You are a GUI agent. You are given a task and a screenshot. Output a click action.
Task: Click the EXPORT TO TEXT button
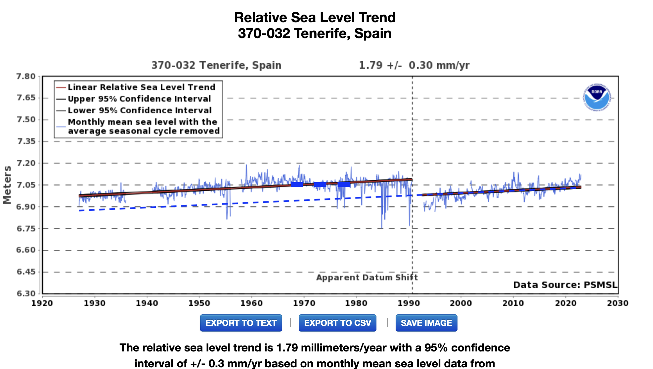(x=241, y=323)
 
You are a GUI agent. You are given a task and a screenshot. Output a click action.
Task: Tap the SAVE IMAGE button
(x=426, y=323)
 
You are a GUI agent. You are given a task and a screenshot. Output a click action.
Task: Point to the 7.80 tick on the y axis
(x=26, y=77)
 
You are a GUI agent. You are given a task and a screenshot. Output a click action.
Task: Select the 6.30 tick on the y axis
(x=26, y=293)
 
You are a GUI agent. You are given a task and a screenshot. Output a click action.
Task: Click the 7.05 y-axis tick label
(x=26, y=185)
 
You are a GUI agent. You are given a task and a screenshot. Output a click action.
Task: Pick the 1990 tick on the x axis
(x=409, y=303)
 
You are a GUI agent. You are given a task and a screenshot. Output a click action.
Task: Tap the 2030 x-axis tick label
(x=618, y=303)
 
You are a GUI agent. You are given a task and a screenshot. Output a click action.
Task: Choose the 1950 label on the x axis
(x=199, y=303)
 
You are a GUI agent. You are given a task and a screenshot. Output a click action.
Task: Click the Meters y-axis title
(x=7, y=185)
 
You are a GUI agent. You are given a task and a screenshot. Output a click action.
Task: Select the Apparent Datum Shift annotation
(x=367, y=277)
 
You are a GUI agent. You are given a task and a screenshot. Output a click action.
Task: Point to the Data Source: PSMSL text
(x=565, y=285)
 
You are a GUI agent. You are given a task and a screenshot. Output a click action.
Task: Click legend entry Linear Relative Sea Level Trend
(x=141, y=87)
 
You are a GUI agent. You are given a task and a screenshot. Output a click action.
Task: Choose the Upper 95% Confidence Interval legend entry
(x=139, y=99)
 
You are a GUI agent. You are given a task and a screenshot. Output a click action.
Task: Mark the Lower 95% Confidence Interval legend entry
(x=139, y=110)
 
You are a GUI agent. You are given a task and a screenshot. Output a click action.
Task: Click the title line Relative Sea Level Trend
(x=315, y=18)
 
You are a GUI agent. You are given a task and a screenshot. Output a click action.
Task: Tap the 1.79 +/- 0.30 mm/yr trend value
(x=414, y=65)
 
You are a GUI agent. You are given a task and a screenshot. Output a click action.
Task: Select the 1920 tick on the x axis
(x=42, y=303)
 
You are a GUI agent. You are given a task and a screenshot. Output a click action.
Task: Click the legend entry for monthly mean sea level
(x=144, y=127)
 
